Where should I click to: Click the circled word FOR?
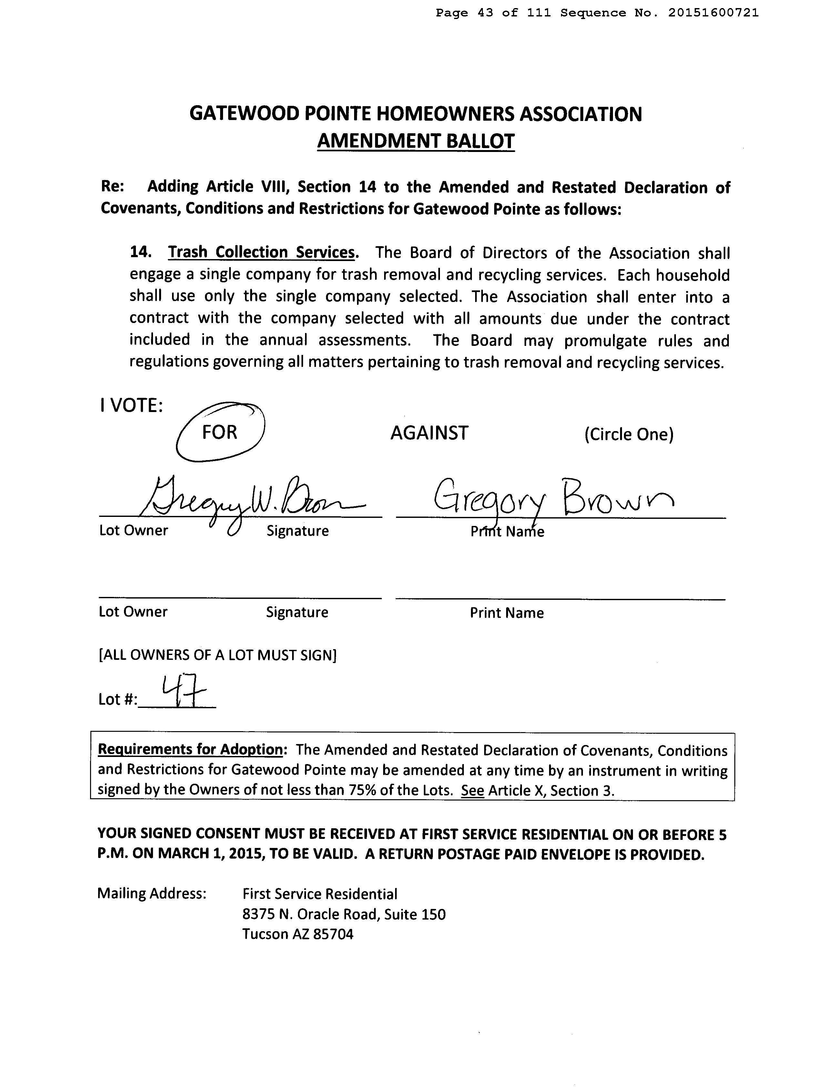[219, 432]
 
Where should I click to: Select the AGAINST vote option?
[429, 433]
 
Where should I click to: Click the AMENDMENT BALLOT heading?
[416, 141]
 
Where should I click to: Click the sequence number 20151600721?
[713, 13]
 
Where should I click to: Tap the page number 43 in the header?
[485, 13]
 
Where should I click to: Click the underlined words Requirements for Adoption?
[190, 749]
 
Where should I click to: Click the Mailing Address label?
[151, 893]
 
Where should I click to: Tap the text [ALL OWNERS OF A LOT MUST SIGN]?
[218, 655]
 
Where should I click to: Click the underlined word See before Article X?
[472, 791]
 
